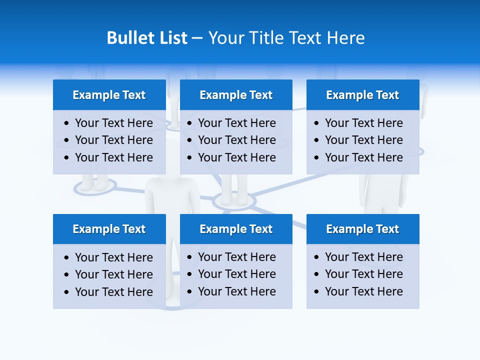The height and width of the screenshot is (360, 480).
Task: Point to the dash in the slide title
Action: pos(197,38)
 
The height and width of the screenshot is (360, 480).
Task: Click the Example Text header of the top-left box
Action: pos(109,95)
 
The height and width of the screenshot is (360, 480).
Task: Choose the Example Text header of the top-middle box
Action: pos(236,95)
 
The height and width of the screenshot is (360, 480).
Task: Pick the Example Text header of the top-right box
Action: pos(362,95)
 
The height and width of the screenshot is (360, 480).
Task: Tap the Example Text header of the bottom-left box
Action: pos(109,229)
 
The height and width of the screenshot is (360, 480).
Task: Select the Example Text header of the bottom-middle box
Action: pos(236,229)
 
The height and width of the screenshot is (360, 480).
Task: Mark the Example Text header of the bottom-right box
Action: pos(362,229)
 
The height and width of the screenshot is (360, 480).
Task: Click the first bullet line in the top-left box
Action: pos(113,123)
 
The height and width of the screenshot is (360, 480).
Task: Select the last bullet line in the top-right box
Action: pos(363,157)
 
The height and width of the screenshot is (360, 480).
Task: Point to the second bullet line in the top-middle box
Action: pos(236,140)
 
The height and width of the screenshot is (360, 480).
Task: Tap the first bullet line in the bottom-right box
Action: pos(363,257)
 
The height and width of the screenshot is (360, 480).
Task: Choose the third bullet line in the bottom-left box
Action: pos(113,292)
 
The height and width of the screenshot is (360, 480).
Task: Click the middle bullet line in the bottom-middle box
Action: pos(236,274)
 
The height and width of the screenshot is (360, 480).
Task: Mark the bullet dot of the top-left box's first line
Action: pos(67,123)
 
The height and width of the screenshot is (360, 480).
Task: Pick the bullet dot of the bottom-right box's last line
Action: pos(317,292)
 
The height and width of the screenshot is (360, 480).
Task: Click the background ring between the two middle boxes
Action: pos(234,201)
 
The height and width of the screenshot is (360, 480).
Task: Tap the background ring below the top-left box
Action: pos(95,187)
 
